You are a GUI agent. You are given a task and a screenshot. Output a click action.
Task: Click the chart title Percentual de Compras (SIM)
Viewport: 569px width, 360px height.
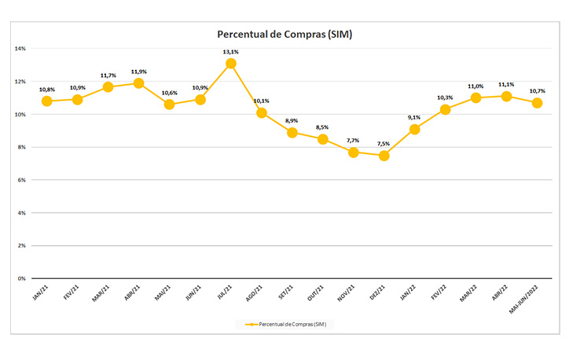tap(284, 34)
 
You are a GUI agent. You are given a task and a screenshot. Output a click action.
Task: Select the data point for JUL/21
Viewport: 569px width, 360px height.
tap(231, 64)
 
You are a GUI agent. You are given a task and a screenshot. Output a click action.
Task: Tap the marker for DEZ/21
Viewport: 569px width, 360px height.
tap(384, 156)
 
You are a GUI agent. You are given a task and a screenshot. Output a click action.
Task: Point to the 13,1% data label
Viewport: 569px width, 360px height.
tap(231, 52)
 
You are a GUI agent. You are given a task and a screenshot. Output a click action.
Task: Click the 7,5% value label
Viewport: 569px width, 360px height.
tap(384, 144)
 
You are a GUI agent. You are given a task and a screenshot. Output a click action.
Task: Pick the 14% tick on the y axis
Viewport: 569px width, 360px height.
tap(20, 49)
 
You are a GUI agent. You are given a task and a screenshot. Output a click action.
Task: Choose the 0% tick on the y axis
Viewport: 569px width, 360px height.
tap(21, 278)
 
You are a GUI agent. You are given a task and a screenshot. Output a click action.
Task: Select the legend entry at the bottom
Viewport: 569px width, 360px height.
tap(284, 324)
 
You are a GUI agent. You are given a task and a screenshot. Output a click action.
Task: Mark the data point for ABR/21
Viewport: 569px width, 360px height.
tap(139, 83)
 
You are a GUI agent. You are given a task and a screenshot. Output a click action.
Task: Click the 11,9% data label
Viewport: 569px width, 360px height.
tap(139, 72)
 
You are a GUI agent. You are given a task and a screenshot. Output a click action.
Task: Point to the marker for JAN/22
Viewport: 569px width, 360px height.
tap(415, 129)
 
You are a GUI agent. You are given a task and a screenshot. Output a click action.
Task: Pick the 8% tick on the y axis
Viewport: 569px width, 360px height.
tap(21, 147)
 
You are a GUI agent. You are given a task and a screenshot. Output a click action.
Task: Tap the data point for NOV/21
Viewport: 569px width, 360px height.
tap(354, 152)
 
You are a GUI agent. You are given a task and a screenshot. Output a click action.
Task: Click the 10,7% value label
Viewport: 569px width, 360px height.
tap(538, 91)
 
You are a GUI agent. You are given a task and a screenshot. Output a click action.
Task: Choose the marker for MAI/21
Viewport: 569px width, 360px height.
tap(170, 105)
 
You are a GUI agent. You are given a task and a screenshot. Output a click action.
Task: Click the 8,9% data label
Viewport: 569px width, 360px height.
tap(292, 121)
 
